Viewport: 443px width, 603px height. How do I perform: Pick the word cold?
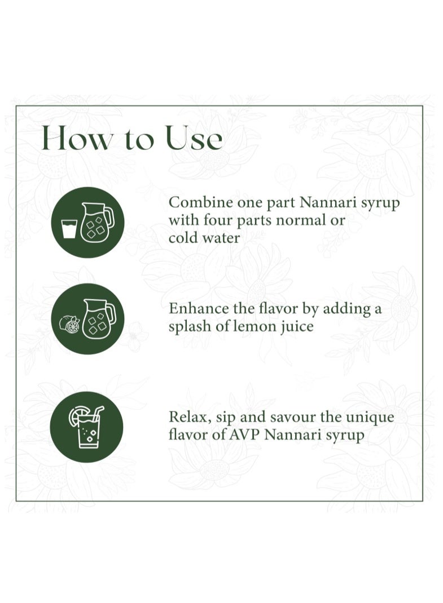tap(183, 237)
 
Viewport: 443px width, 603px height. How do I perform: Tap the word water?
tap(221, 238)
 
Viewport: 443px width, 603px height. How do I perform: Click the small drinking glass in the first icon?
tap(69, 229)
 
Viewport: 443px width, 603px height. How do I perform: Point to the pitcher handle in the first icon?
tap(109, 217)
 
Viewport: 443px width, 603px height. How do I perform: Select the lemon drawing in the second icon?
tap(69, 324)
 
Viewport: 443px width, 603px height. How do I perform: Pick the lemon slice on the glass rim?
tap(76, 415)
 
